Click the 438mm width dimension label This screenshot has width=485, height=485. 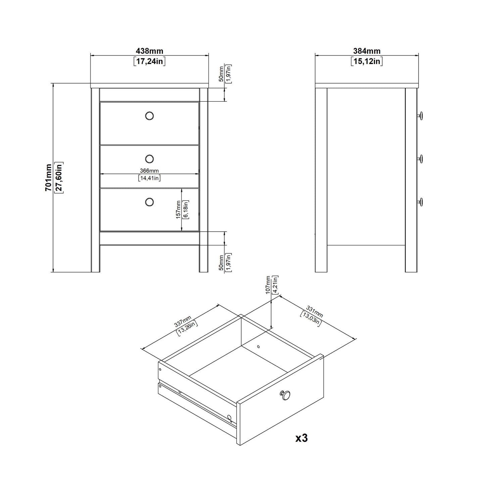pyautogui.click(x=149, y=51)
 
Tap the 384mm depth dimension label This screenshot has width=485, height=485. pyautogui.click(x=367, y=51)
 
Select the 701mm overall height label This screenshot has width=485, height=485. pyautogui.click(x=49, y=178)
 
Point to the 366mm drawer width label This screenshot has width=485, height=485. pyautogui.click(x=149, y=171)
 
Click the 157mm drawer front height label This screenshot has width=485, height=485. pyautogui.click(x=178, y=210)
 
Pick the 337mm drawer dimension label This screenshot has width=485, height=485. pyautogui.click(x=183, y=322)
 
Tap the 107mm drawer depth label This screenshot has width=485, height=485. pyautogui.click(x=268, y=285)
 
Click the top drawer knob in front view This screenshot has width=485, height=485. pyautogui.click(x=149, y=116)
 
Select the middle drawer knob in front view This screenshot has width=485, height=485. pyautogui.click(x=149, y=158)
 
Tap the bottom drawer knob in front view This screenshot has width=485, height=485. pyautogui.click(x=149, y=202)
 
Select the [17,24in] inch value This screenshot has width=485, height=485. pyautogui.click(x=149, y=61)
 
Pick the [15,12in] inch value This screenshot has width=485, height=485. pyautogui.click(x=367, y=61)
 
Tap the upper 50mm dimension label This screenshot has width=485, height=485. pyautogui.click(x=221, y=74)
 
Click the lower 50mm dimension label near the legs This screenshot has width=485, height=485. pyautogui.click(x=221, y=262)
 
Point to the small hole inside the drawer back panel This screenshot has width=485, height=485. pyautogui.click(x=258, y=346)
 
